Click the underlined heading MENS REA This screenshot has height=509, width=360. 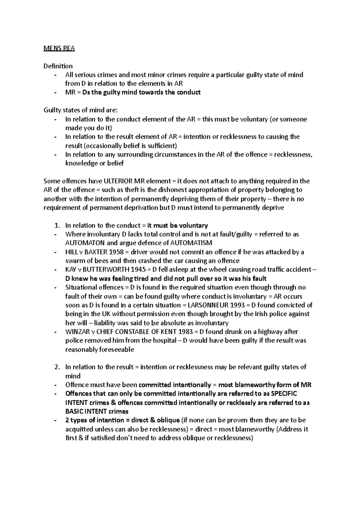click(59, 48)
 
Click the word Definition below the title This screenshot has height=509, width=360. click(58, 66)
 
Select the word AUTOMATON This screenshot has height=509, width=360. click(84, 243)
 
